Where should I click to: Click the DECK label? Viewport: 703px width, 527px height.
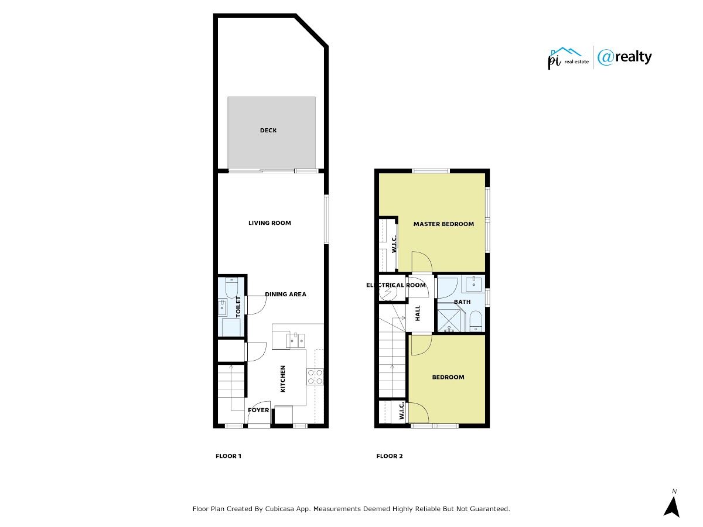click(268, 130)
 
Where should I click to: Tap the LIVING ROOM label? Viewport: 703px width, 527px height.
click(269, 223)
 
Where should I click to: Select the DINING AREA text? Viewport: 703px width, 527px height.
click(285, 294)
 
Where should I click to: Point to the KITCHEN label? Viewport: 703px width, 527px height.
click(282, 378)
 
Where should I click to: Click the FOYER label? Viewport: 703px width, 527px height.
click(258, 410)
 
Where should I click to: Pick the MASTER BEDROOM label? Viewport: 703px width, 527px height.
click(443, 224)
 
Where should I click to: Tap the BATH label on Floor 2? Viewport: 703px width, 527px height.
click(462, 302)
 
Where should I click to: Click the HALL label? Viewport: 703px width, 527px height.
click(418, 313)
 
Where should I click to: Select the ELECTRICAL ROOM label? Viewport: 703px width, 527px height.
click(396, 285)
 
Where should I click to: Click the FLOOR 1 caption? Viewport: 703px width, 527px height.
click(228, 456)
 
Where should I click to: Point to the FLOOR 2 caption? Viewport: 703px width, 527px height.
click(390, 456)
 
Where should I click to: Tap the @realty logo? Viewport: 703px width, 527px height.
click(624, 57)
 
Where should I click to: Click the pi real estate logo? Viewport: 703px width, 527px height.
click(568, 58)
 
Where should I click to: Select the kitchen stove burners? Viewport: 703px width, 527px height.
click(315, 377)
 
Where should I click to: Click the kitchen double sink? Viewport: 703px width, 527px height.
click(295, 340)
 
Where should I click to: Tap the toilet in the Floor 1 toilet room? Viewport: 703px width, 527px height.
click(231, 288)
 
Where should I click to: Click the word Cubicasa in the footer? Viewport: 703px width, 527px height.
click(279, 509)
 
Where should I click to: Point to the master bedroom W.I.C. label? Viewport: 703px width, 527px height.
click(394, 244)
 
